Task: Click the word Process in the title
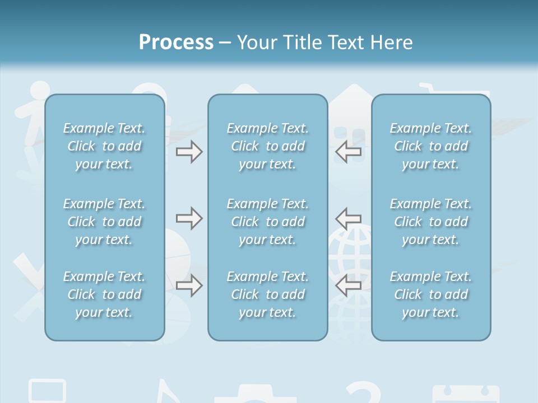[x=176, y=43]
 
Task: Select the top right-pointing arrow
[x=189, y=151]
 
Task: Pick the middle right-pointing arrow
[x=189, y=218]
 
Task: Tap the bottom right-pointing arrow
[x=189, y=285]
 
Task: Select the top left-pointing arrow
[x=349, y=151]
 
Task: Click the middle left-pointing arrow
[x=349, y=218]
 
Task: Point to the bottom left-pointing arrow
[x=349, y=285]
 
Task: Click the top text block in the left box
[x=104, y=146]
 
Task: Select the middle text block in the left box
[x=104, y=222]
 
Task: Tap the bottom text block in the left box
[x=104, y=294]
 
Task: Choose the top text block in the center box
[x=268, y=146]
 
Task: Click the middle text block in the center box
[x=268, y=222]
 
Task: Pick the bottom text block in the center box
[x=268, y=294]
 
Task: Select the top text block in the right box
[x=431, y=146]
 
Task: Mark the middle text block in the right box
[x=431, y=222]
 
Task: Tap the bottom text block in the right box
[x=431, y=294]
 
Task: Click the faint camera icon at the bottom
[x=255, y=394]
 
